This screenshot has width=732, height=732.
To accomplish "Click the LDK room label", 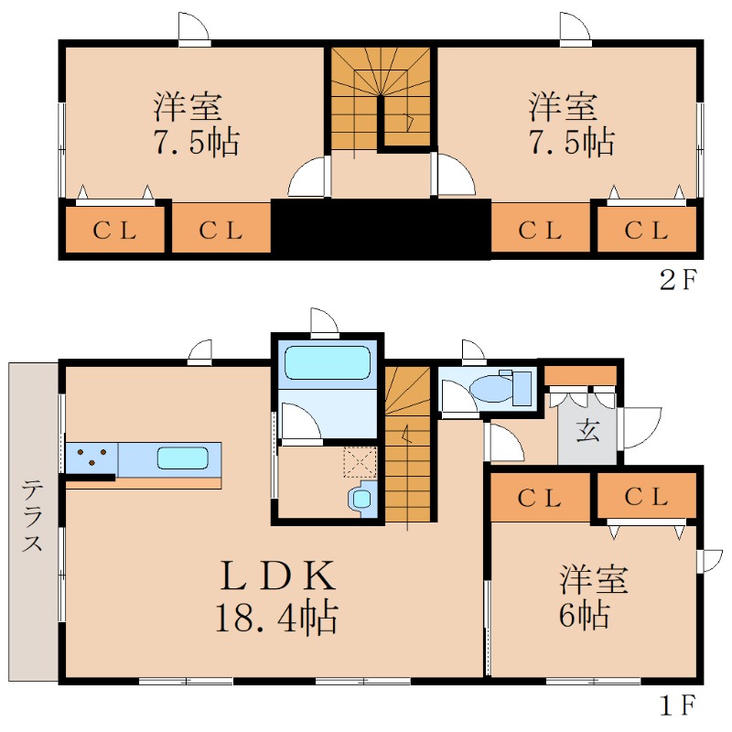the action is (278, 576).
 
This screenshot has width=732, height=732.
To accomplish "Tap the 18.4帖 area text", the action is (276, 616).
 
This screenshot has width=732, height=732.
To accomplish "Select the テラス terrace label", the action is (32, 515).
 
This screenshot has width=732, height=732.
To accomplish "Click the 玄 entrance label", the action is (587, 430).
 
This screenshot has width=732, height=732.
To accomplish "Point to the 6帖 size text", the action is (585, 615).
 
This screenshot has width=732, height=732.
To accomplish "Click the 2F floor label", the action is (678, 279).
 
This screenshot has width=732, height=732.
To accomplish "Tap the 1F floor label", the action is (678, 705).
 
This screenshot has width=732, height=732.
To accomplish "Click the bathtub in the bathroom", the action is (328, 362).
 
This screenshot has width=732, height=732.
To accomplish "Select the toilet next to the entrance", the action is (501, 387).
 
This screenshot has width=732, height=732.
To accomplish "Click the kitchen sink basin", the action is (182, 458).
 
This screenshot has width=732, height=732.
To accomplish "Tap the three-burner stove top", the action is (91, 459).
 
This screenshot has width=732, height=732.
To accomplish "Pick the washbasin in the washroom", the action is (361, 499).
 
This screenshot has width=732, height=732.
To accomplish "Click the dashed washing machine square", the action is (360, 462).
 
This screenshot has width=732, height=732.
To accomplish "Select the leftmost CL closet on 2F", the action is (115, 230).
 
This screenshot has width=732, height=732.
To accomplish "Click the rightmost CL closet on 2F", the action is (647, 230).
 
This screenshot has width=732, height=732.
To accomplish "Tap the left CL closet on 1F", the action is (540, 498).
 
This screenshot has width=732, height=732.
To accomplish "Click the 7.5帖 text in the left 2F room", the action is (197, 142).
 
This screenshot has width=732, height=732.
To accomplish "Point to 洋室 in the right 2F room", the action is (563, 107).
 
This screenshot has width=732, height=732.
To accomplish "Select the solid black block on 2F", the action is (381, 230).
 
